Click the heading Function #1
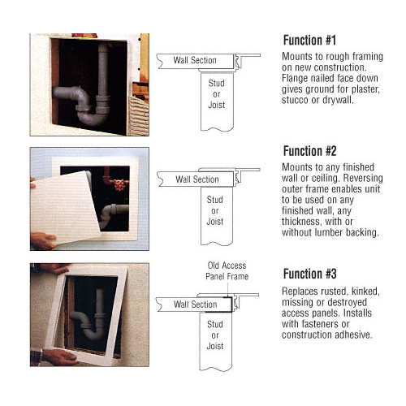tap(309, 40)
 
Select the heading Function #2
tap(310, 151)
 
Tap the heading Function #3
tap(310, 274)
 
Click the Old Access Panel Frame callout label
tap(227, 271)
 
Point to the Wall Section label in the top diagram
tap(195, 60)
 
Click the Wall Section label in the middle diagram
tap(197, 179)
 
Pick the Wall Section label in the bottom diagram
tap(195, 304)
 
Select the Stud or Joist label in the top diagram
tap(217, 94)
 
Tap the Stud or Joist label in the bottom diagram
tap(215, 335)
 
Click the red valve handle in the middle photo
tap(119, 184)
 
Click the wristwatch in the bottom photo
tap(36, 355)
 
